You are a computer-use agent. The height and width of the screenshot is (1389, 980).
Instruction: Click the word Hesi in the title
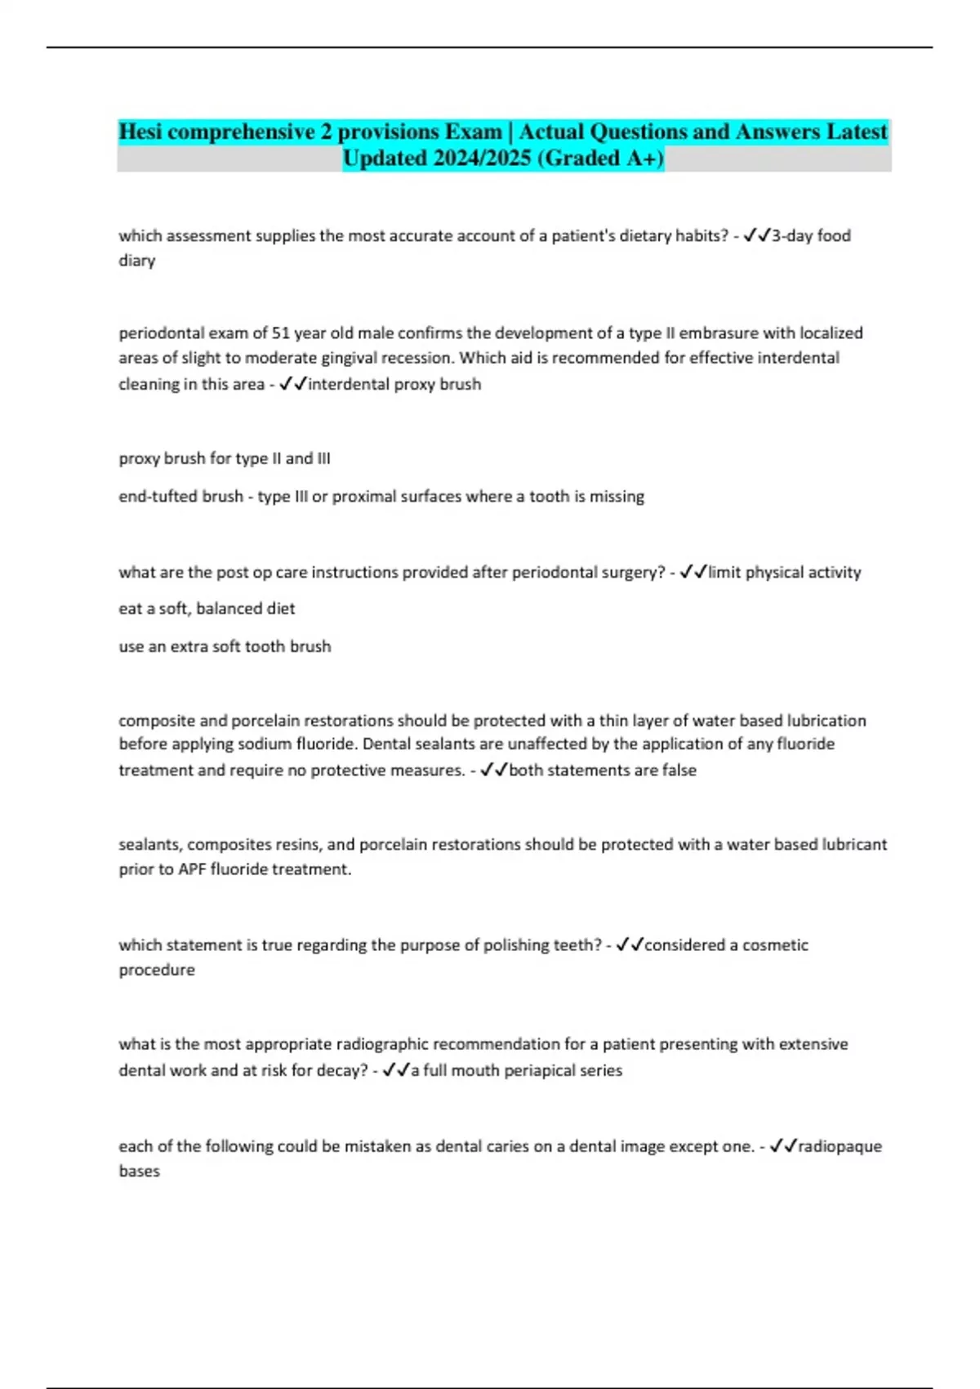click(x=140, y=132)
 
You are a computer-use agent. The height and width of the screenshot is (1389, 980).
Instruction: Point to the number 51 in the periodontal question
click(x=281, y=333)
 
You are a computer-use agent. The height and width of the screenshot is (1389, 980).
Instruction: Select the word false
click(x=677, y=770)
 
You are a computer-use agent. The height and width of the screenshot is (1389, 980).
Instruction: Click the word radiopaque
click(x=840, y=1146)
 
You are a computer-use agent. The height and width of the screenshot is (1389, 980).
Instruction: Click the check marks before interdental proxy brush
click(x=292, y=383)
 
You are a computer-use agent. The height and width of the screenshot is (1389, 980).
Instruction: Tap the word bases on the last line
click(x=139, y=1171)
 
